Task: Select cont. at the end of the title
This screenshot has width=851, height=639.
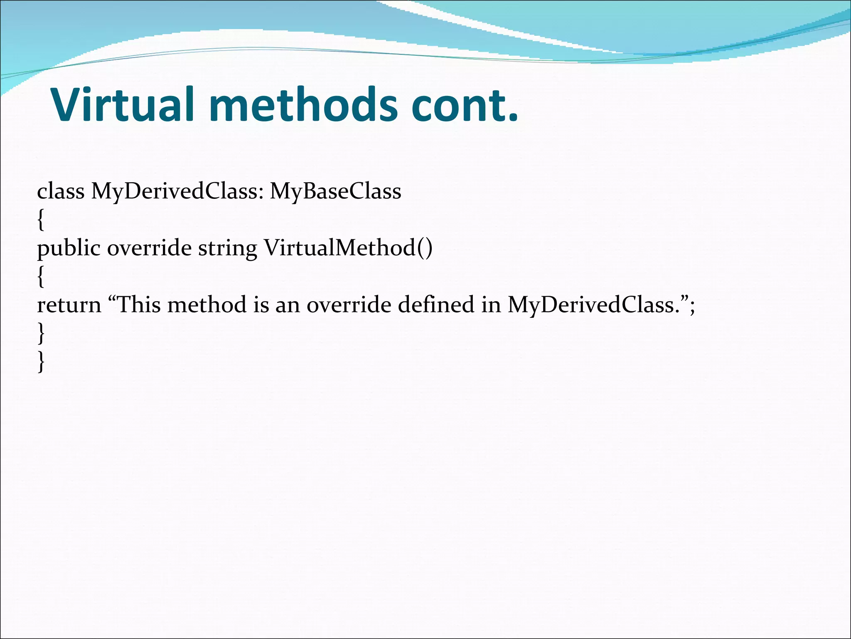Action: (465, 105)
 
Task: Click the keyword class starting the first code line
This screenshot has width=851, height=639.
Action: (61, 191)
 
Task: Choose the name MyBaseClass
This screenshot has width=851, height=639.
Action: (335, 192)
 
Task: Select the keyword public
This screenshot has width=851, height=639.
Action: (69, 248)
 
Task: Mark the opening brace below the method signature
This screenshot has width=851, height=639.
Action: (40, 277)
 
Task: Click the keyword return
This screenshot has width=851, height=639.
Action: (69, 305)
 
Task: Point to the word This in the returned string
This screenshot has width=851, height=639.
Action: (140, 305)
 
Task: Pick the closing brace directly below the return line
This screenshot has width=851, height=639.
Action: (40, 333)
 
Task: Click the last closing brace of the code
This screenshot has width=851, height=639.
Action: (40, 362)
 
